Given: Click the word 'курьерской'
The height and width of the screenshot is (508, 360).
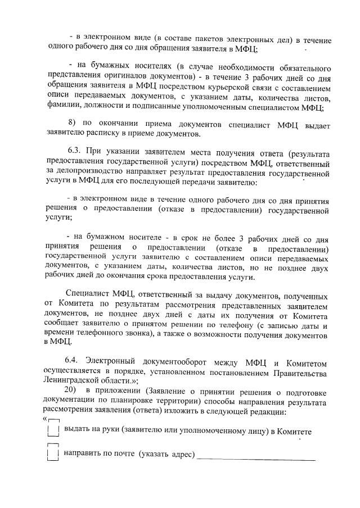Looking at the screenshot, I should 222,88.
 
